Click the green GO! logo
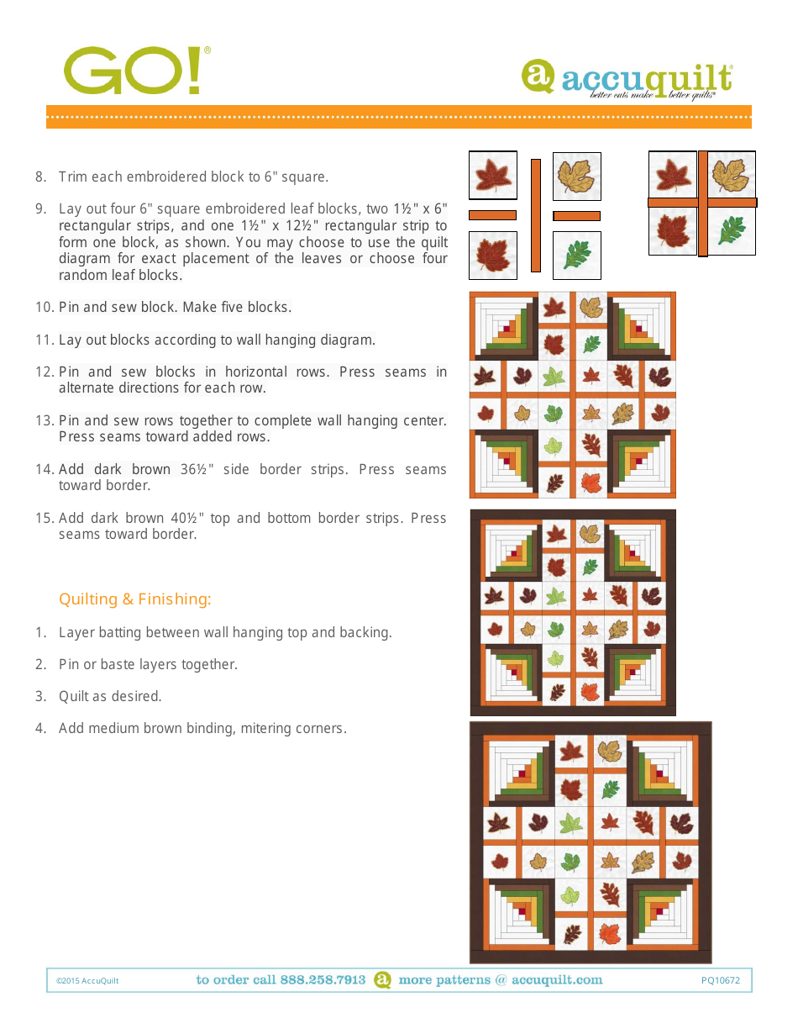[x=134, y=71]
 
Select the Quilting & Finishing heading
[x=134, y=599]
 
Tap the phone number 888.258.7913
[x=323, y=980]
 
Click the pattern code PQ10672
[x=721, y=980]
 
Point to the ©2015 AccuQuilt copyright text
[x=87, y=981]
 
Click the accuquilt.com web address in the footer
[x=557, y=980]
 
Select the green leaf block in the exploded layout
[x=577, y=255]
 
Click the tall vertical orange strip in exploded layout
[x=535, y=215]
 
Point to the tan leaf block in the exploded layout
[x=577, y=176]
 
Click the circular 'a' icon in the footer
[x=382, y=980]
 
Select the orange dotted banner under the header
[x=398, y=116]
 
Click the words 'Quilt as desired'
[x=110, y=697]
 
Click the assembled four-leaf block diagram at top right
[x=702, y=203]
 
